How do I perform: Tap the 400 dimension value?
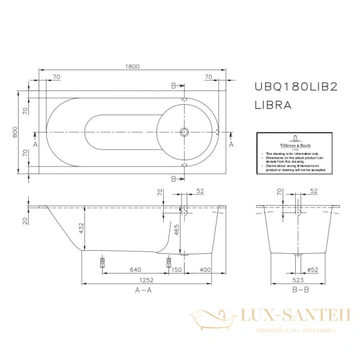[x=206, y=270]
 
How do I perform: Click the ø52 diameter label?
[x=312, y=270]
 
